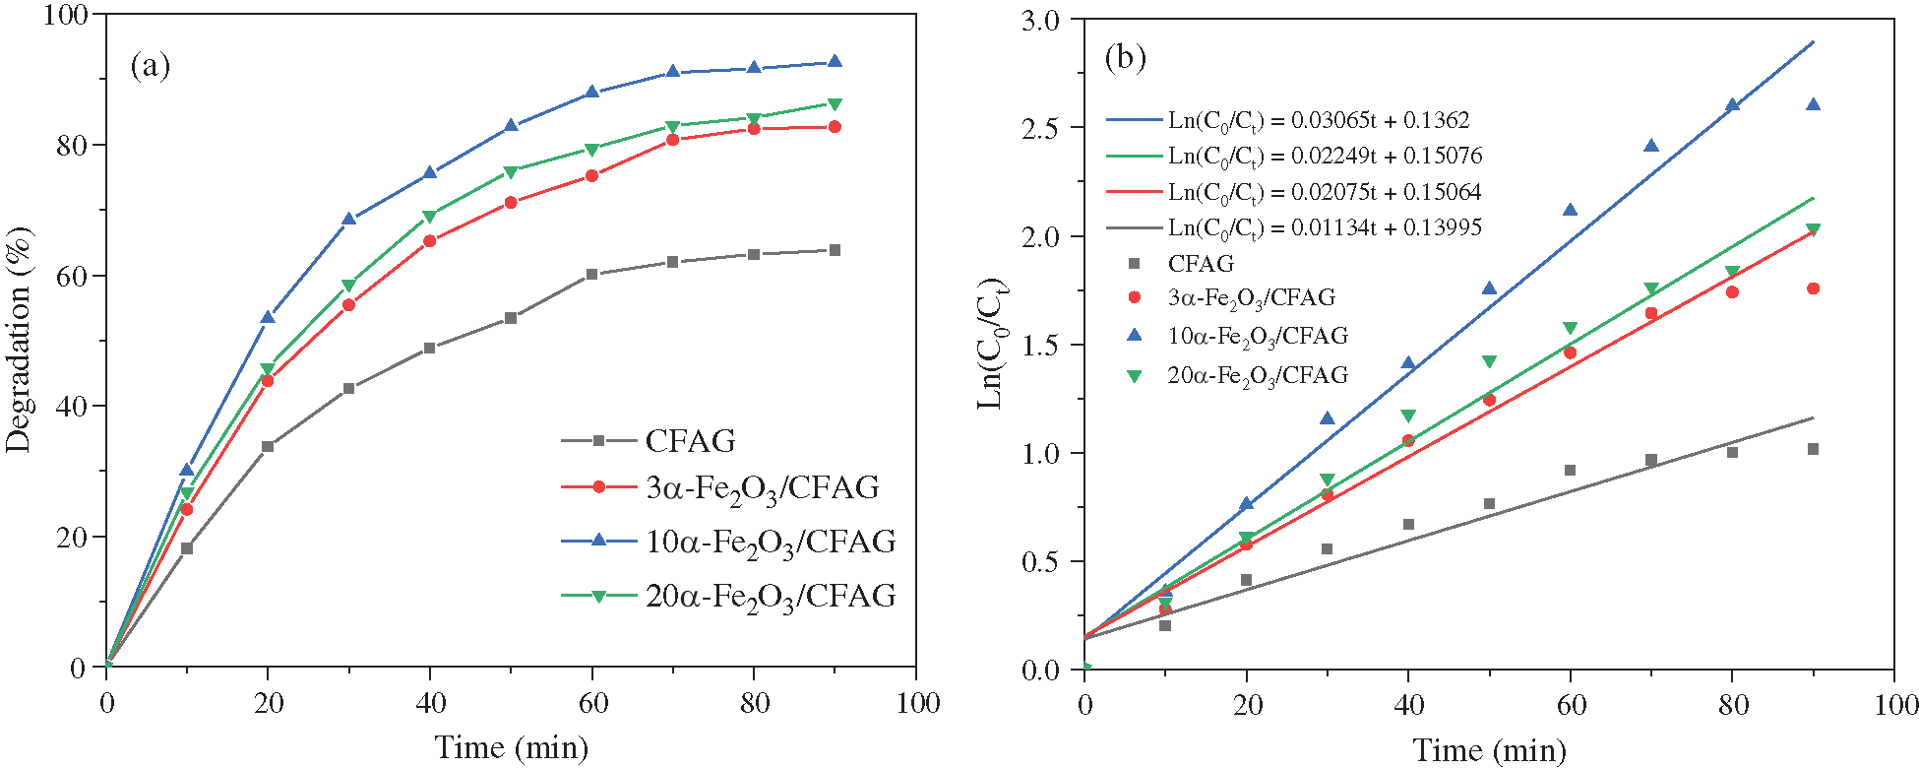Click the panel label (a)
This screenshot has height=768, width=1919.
[x=150, y=66]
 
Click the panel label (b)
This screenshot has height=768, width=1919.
[x=1125, y=58]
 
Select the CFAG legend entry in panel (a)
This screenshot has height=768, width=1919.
[x=690, y=440]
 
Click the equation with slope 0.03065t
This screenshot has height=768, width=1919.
[x=1318, y=120]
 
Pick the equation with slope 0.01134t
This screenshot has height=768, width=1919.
[x=1324, y=227]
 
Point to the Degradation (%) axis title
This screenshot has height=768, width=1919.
[x=20, y=340]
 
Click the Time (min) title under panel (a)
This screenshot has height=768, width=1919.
[x=512, y=747]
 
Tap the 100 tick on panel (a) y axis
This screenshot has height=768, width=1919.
[x=66, y=15]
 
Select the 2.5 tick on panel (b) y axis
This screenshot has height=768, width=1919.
[x=1042, y=128]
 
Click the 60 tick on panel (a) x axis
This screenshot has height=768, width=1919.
[x=592, y=702]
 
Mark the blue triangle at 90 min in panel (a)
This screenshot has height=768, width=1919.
[x=835, y=61]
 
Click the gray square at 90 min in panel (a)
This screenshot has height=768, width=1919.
[x=835, y=250]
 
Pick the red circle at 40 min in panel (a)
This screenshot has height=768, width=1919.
[x=430, y=240]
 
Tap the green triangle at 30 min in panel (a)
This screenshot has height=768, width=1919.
[x=348, y=286]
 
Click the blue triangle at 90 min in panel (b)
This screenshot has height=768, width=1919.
[x=1813, y=104]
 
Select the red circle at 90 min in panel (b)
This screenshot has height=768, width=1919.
[x=1813, y=288]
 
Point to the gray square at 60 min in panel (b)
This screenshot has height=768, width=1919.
[x=1570, y=471]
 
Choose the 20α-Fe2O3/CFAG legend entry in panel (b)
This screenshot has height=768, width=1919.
[x=1257, y=375]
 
